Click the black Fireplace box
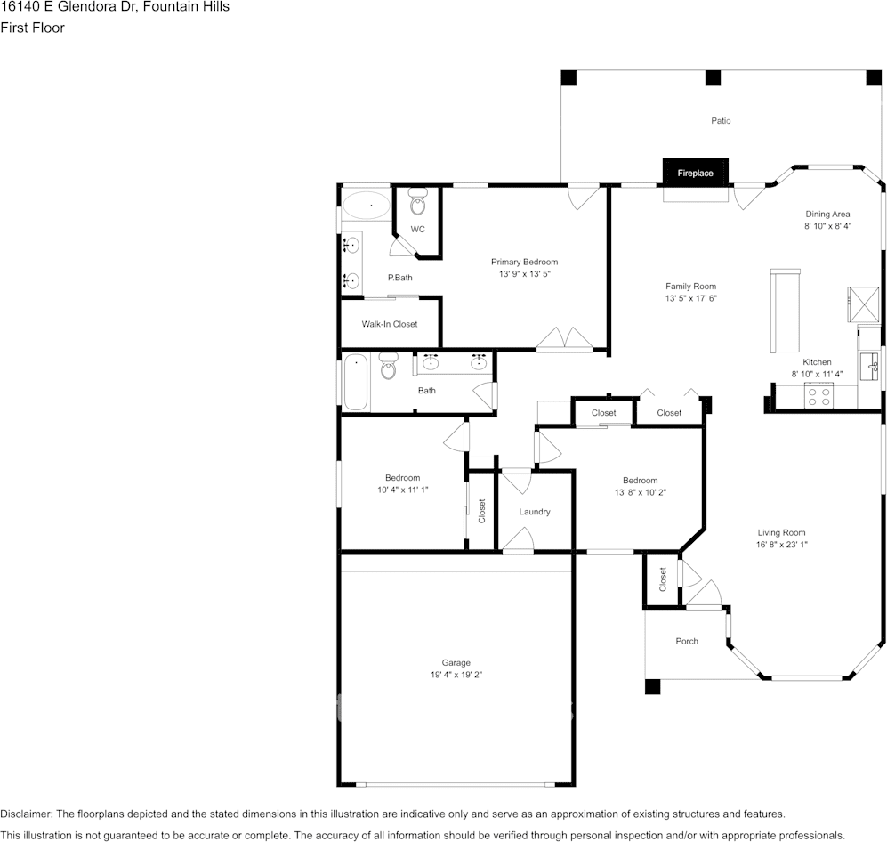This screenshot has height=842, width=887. [695, 173]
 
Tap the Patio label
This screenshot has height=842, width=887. [721, 120]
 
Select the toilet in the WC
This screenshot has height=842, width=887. [418, 205]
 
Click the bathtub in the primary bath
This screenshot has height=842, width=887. [366, 206]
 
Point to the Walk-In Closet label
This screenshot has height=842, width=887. [389, 324]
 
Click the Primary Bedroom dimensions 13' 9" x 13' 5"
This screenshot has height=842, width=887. [524, 274]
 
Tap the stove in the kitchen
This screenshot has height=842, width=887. [818, 397]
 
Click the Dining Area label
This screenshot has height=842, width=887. [827, 214]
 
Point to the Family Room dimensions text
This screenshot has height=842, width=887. [690, 299]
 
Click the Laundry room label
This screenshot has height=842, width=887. [535, 512]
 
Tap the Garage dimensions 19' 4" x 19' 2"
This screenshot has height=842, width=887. [456, 675]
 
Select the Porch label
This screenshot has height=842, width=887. [687, 641]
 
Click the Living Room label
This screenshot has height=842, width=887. [781, 532]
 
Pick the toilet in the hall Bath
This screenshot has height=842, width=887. [388, 366]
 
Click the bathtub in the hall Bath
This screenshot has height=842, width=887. [356, 383]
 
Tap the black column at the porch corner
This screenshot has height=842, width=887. [653, 687]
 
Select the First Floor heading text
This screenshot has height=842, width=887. [32, 28]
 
